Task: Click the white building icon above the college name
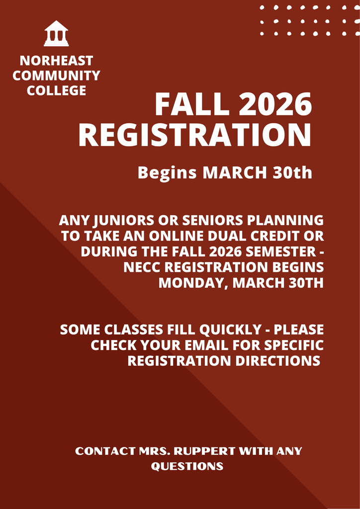point(56,33)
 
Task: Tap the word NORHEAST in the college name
point(56,61)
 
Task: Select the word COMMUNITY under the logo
point(56,76)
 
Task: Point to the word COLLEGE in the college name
point(56,90)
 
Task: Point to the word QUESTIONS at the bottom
point(187,466)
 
